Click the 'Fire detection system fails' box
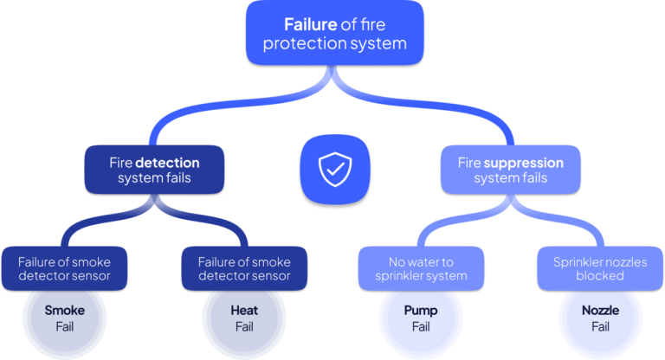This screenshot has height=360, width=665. point(154,170)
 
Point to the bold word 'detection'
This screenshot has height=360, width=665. point(167,162)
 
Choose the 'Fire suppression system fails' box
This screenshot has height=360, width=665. point(510,170)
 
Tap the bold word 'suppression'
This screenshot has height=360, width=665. point(523,162)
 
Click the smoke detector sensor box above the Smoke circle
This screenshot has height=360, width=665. point(66,268)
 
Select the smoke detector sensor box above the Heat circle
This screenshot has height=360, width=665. point(243,268)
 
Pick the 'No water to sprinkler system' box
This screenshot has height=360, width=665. point(422,268)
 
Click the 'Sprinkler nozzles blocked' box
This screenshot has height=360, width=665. point(600,268)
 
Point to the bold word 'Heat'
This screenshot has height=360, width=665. point(243,309)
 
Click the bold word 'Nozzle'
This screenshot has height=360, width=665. point(600,309)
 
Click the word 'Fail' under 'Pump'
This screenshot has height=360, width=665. point(422,327)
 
